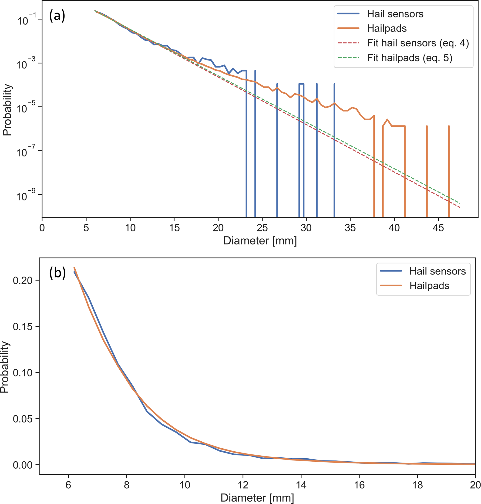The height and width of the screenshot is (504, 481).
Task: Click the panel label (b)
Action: coord(57,273)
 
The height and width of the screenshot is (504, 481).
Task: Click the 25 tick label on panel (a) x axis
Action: coord(262,227)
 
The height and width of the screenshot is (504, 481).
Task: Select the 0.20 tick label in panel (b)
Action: coord(23,280)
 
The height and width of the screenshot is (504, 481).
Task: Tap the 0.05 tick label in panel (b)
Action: coord(23,419)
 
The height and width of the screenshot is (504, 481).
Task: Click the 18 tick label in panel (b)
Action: coord(417,485)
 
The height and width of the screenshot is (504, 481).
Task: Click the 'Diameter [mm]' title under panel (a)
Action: coord(260,240)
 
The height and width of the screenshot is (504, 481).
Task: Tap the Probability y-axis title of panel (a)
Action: coord(7,110)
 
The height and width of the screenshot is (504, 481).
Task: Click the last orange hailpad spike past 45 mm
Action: coord(449,169)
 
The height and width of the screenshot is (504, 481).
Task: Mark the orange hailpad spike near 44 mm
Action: coord(427,169)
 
